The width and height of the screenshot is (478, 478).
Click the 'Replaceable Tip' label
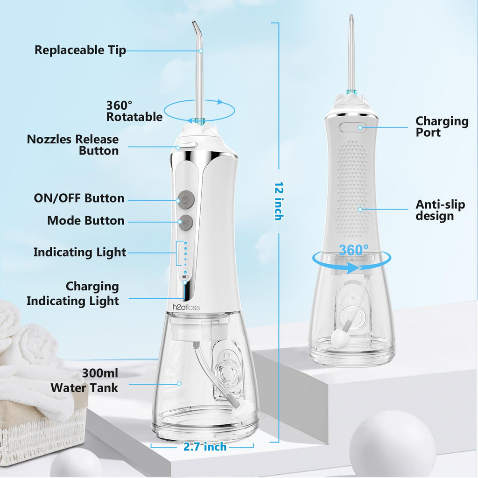(80, 50)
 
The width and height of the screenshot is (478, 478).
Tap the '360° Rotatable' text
(134, 111)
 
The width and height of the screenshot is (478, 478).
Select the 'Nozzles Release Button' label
(72, 145)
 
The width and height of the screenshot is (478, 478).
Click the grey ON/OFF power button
(186, 199)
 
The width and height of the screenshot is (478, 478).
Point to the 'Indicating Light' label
(79, 253)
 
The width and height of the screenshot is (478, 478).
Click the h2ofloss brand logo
(186, 307)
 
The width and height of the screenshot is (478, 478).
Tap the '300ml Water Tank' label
(84, 380)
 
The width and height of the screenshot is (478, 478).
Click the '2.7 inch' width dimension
(205, 447)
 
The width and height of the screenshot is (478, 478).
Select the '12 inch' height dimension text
(279, 201)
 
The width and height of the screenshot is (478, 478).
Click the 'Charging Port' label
(442, 127)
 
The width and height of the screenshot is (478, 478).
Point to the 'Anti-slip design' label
(440, 210)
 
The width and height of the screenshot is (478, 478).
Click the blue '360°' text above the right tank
(354, 250)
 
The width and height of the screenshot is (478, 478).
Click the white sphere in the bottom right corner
(393, 445)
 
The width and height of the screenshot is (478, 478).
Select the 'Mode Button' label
(86, 220)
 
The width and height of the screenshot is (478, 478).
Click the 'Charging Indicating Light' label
(73, 294)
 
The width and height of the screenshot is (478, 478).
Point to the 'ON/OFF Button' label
(79, 198)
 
